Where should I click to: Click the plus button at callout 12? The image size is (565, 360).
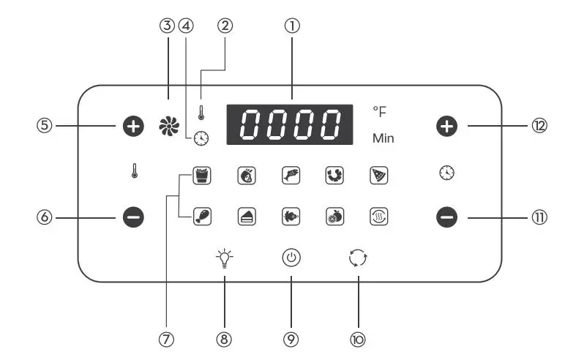tap(446, 127)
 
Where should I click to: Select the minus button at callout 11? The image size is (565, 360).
tap(446, 217)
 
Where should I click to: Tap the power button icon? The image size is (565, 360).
tap(291, 258)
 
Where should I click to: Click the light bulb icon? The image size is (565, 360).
tap(224, 258)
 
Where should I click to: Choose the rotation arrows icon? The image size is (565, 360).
tap(358, 258)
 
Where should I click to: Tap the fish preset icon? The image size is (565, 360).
tap(291, 176)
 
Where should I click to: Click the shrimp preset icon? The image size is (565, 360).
tap(334, 176)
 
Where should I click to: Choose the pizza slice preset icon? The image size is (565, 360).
tap(378, 176)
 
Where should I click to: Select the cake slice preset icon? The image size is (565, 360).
tap(247, 217)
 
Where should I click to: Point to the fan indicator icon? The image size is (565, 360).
tap(169, 127)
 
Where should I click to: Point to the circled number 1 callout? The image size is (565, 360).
tap(292, 26)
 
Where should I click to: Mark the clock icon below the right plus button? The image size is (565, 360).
tap(446, 173)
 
